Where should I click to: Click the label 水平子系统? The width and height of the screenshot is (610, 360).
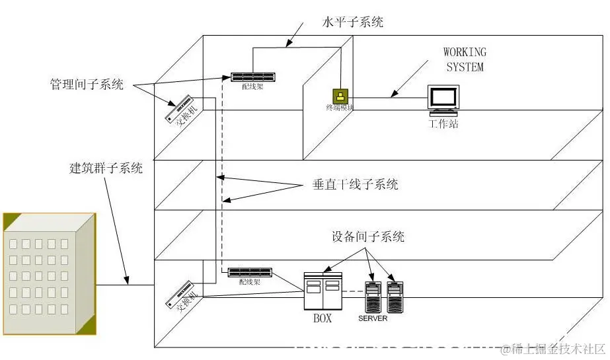[x=354, y=22]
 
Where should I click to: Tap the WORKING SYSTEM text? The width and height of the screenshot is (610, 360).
[x=465, y=59]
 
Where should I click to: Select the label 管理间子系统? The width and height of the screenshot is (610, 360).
[x=87, y=85]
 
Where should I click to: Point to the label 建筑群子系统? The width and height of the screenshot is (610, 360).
[x=106, y=168]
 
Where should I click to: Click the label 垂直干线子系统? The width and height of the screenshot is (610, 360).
[x=355, y=185]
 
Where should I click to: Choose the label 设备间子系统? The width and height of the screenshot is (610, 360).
[x=368, y=236]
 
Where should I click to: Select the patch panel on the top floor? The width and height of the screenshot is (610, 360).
[x=253, y=77]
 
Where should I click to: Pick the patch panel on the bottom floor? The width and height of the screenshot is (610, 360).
[x=250, y=271]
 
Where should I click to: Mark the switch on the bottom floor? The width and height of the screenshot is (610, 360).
[x=182, y=294]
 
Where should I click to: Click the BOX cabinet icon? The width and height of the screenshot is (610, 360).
[x=323, y=291]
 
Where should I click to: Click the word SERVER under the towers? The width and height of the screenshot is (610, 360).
[x=373, y=318]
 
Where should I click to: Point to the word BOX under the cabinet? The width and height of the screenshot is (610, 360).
[x=322, y=318]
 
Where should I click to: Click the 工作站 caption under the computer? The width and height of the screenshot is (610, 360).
[x=443, y=124]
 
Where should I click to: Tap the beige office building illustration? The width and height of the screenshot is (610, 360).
[x=50, y=274]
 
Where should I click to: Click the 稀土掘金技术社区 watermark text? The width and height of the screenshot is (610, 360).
[x=553, y=348]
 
